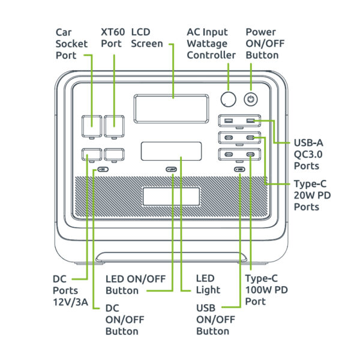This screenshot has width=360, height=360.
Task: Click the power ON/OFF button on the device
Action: [x=250, y=99]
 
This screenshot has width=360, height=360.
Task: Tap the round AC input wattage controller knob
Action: [x=228, y=99]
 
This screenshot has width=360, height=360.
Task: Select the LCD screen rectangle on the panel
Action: [x=172, y=109]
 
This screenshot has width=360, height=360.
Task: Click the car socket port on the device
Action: [x=92, y=126]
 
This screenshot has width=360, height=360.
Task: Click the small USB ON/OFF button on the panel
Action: [x=240, y=170]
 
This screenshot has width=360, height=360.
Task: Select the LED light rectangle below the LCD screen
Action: [x=171, y=151]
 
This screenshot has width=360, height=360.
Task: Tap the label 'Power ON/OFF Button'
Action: [x=262, y=43]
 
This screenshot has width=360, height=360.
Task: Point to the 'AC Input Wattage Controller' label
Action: [x=211, y=43]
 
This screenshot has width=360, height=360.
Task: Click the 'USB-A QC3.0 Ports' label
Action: [x=310, y=154]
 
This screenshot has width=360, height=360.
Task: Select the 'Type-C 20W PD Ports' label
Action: [x=313, y=195]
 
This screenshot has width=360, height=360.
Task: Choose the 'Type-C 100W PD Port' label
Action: [x=266, y=290]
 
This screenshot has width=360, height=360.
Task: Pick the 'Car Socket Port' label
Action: [x=71, y=43]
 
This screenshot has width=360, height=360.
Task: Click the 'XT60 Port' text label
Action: [x=113, y=37]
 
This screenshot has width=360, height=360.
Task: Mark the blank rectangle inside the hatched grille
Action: [x=171, y=196]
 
